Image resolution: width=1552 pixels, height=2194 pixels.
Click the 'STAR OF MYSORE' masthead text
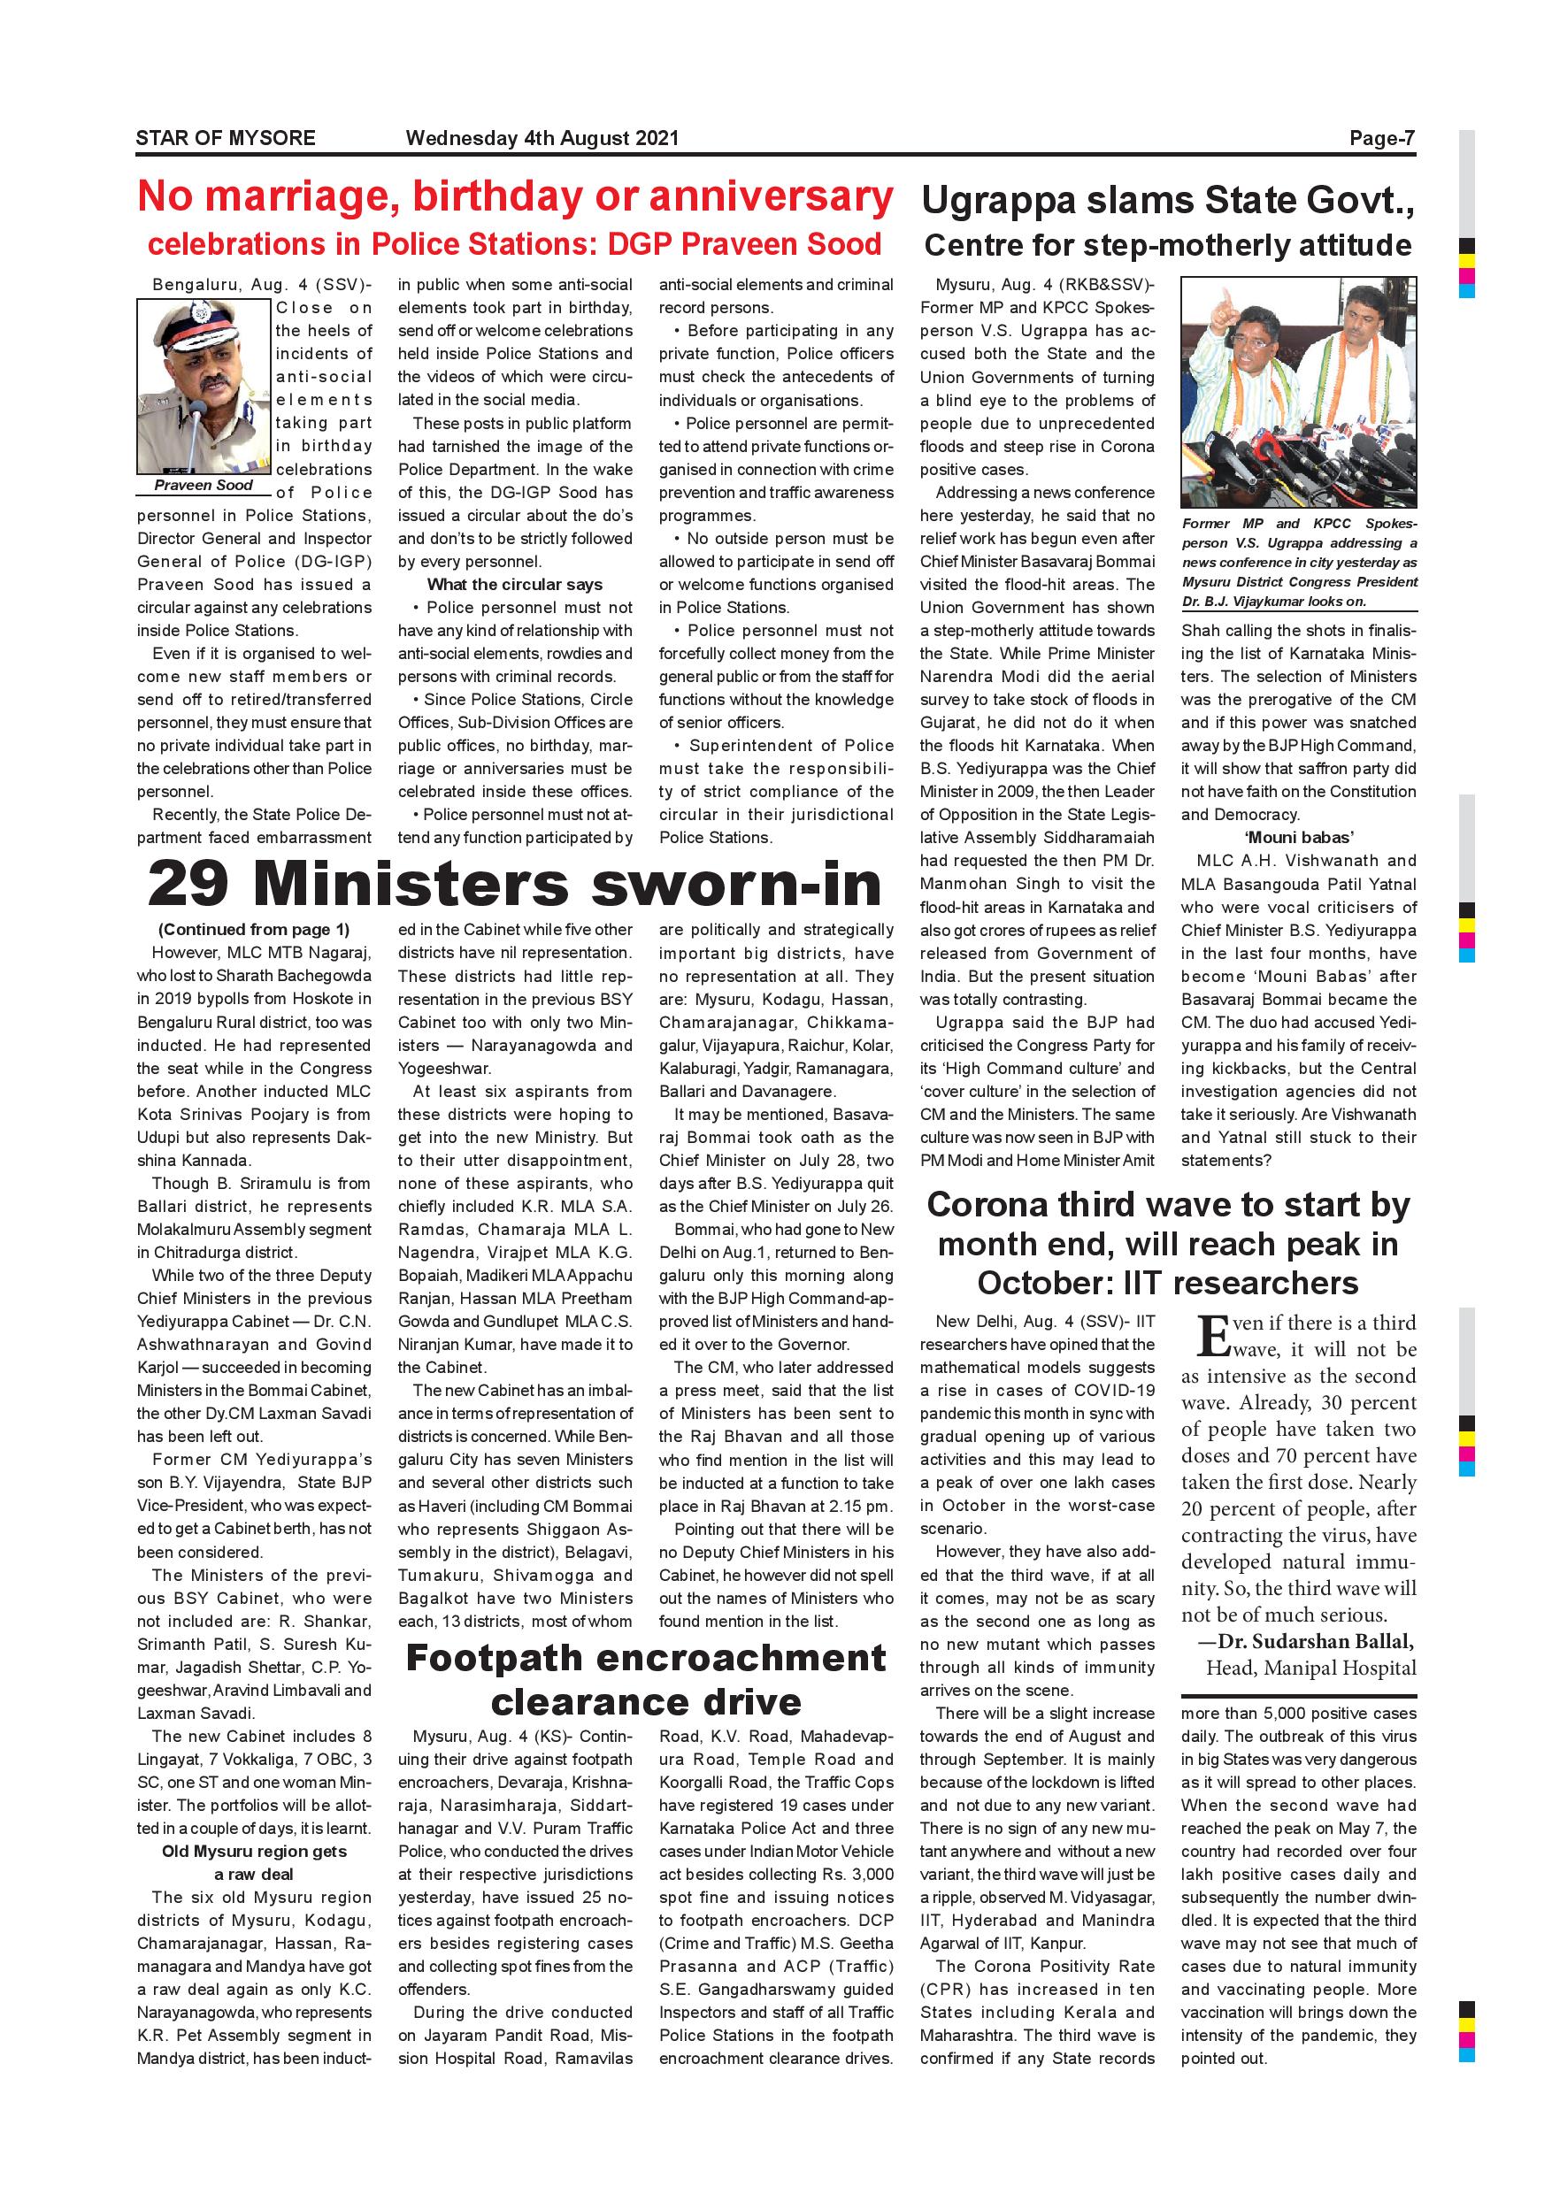pos(226,138)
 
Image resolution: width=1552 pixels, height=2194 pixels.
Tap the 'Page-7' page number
pos(1381,138)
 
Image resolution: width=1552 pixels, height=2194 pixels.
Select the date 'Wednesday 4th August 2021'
pos(542,138)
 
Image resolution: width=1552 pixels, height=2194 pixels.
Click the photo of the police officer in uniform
pos(204,386)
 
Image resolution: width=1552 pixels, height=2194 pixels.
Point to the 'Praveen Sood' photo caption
pos(204,486)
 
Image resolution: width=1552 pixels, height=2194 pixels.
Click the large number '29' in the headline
pos(189,884)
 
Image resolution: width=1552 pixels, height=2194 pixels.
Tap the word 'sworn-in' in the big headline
pos(737,884)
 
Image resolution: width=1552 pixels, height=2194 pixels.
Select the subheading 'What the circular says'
pos(514,585)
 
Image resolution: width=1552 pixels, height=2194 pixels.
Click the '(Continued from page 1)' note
pos(254,930)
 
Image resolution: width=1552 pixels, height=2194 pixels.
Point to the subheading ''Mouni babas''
pos(1299,838)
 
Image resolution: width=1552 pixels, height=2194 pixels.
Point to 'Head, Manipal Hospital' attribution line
pos(1310,1669)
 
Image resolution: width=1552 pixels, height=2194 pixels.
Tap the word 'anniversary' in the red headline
pos(771,197)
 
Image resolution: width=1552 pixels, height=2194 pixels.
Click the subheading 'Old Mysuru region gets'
pos(254,1851)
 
